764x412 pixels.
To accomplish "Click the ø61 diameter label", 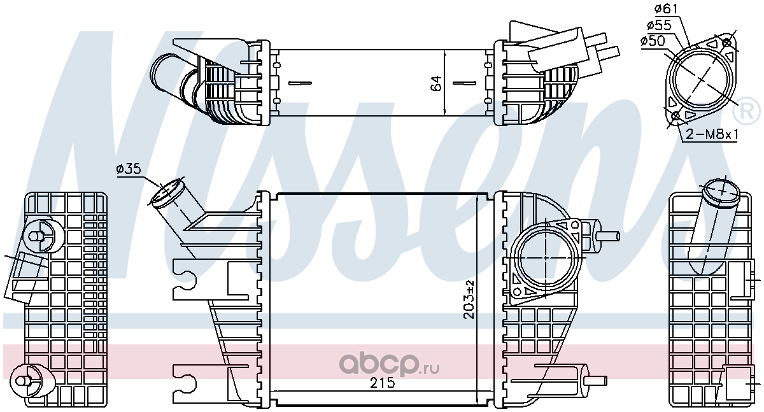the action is tap(667, 9).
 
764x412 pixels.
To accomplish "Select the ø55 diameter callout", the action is tap(659, 25).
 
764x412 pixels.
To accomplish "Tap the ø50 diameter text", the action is tap(653, 41).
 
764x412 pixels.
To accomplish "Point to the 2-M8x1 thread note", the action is tap(712, 135).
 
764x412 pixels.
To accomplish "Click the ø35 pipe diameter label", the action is tap(129, 169).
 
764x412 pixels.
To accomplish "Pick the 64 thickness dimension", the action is tap(436, 83).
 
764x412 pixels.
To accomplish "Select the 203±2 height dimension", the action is tap(469, 299).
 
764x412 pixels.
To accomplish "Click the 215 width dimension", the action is tap(383, 383).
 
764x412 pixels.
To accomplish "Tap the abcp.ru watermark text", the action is tap(389, 364).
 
